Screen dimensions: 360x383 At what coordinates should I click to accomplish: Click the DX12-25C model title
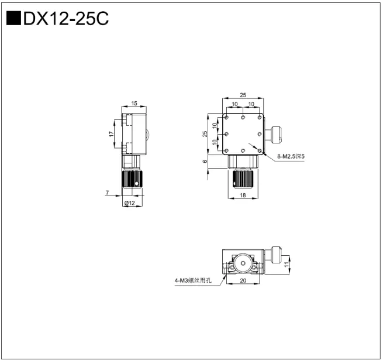tap(65, 19)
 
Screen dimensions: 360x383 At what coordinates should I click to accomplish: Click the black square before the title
tap(13, 19)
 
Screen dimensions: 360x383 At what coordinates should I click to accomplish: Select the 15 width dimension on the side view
tap(134, 104)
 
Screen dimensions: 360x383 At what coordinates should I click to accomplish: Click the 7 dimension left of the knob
tap(108, 192)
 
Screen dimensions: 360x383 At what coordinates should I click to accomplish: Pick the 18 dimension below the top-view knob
tap(243, 197)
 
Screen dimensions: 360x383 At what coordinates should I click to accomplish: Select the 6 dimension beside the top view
tap(205, 161)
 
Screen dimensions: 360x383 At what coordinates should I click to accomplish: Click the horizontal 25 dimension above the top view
tap(243, 94)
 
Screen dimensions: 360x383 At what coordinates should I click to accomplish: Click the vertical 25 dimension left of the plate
tap(205, 133)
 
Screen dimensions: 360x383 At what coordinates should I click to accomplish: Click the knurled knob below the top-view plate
tap(242, 179)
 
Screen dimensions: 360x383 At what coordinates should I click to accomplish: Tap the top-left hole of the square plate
tap(227, 118)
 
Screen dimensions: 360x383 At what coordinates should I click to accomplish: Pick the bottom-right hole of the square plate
tap(258, 151)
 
